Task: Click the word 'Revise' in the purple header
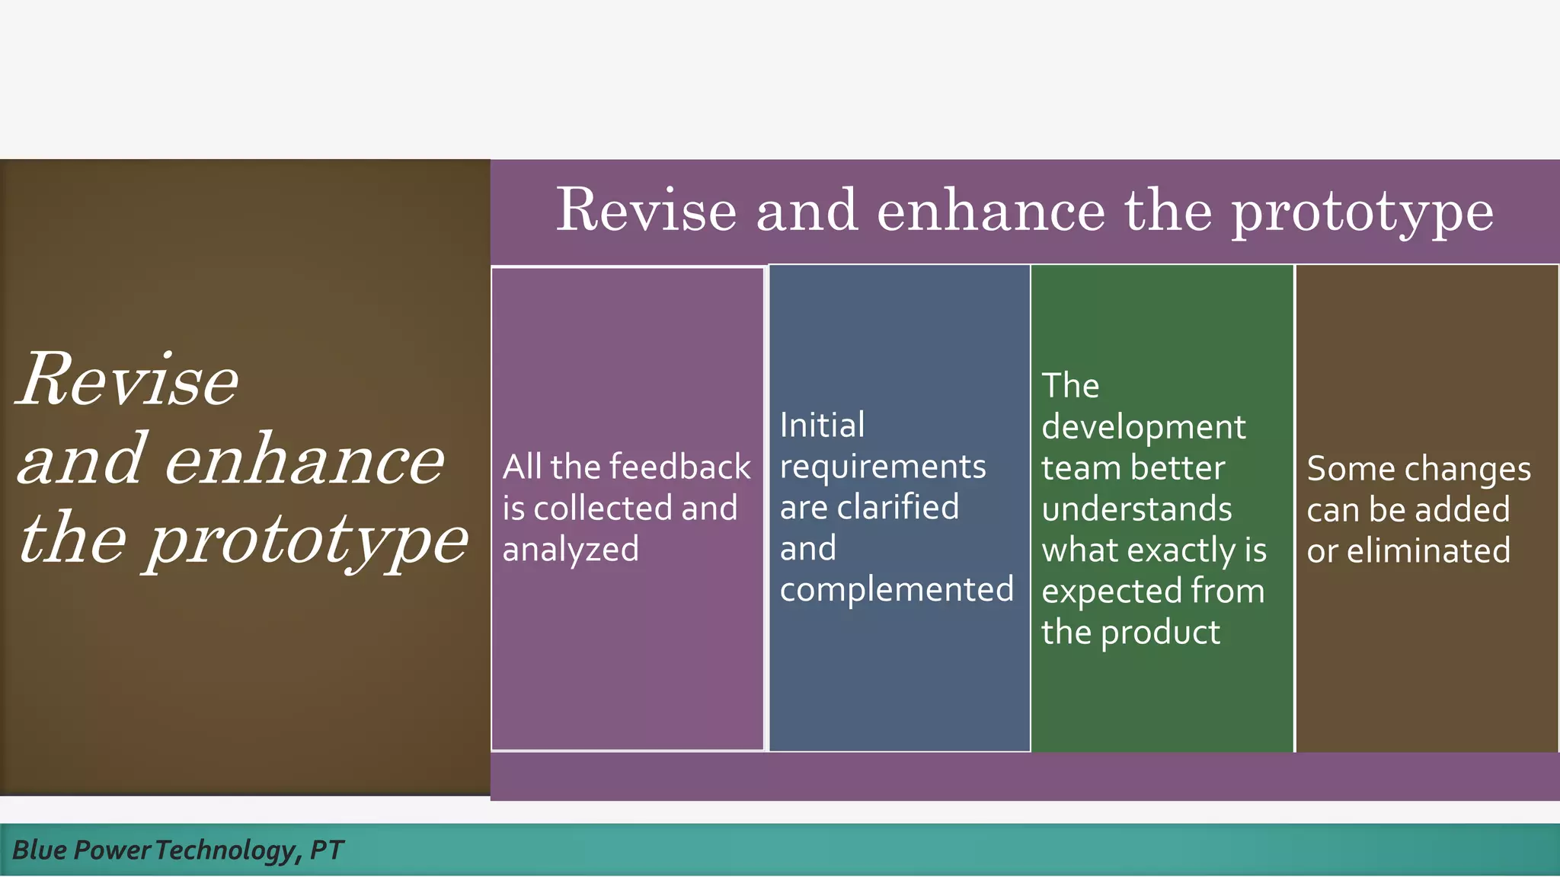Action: click(x=646, y=210)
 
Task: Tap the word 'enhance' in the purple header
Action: click(x=991, y=210)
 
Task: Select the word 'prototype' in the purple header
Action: click(x=1363, y=213)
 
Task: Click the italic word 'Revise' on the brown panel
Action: click(x=128, y=380)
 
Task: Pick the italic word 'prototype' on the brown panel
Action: click(x=308, y=541)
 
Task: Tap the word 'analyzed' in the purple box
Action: click(x=571, y=550)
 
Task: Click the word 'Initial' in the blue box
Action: click(x=822, y=425)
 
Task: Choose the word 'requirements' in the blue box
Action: click(x=883, y=467)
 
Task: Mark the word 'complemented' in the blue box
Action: click(x=897, y=589)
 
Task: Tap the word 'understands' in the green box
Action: click(x=1136, y=509)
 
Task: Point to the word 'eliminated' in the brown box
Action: click(x=1428, y=550)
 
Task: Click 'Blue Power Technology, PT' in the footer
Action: click(x=178, y=850)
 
